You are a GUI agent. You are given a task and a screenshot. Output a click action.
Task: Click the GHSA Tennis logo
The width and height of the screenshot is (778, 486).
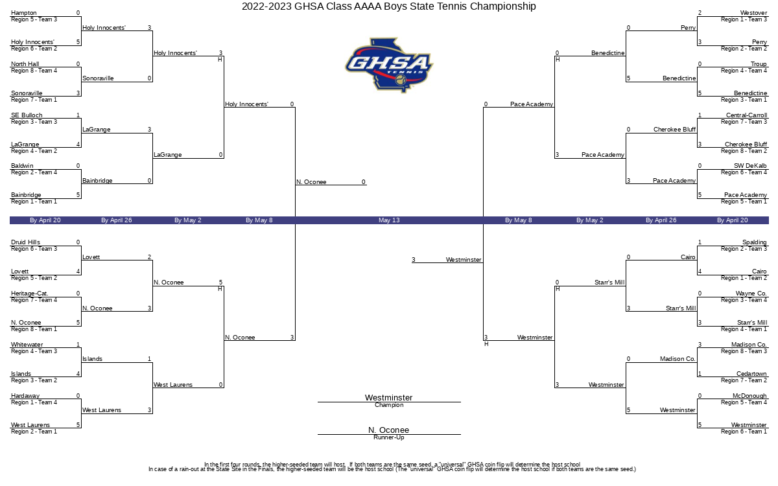click(389, 65)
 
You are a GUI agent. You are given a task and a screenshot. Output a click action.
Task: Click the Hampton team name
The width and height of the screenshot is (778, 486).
click(23, 13)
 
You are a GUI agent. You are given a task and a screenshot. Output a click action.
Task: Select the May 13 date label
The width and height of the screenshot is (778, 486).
click(389, 220)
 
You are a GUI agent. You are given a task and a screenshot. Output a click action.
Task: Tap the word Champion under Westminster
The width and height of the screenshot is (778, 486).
click(389, 405)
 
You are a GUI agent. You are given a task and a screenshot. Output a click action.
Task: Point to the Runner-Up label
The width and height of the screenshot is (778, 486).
click(389, 437)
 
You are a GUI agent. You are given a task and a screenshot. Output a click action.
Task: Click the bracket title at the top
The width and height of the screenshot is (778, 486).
click(388, 6)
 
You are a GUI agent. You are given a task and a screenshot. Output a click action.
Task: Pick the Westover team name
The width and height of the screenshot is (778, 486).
click(753, 13)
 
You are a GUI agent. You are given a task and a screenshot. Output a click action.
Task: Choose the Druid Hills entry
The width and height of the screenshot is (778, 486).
click(25, 242)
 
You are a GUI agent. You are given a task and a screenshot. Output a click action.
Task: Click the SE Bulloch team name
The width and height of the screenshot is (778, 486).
click(27, 115)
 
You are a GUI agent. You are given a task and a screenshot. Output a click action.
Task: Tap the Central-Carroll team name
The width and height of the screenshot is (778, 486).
click(746, 115)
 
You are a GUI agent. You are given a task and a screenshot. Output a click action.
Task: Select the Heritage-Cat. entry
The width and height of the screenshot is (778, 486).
click(30, 294)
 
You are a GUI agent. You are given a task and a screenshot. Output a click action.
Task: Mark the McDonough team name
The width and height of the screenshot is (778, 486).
click(749, 396)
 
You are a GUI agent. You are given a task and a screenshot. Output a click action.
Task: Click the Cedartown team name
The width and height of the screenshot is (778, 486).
click(751, 374)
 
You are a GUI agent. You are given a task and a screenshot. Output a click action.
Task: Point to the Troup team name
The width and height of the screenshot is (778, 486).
click(759, 64)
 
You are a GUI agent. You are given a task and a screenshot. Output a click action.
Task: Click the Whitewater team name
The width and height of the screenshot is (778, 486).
click(27, 345)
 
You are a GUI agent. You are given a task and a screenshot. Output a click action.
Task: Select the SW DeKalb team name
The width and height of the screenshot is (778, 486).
click(750, 166)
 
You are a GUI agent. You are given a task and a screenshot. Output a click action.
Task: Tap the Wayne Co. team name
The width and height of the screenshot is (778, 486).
click(751, 294)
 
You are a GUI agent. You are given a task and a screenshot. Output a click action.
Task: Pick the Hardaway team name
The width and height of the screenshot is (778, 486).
click(25, 396)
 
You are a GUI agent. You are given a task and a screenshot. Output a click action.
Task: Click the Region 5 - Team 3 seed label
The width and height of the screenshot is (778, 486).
click(34, 19)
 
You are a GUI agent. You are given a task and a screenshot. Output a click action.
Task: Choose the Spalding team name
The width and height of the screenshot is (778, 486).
click(755, 242)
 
